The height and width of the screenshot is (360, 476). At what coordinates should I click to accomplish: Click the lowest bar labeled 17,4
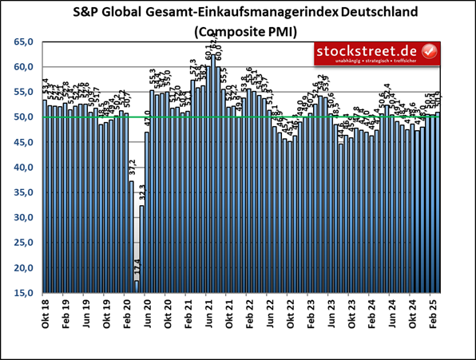tap(137, 287)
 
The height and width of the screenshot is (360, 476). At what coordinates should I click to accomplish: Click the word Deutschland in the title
tap(383, 13)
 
